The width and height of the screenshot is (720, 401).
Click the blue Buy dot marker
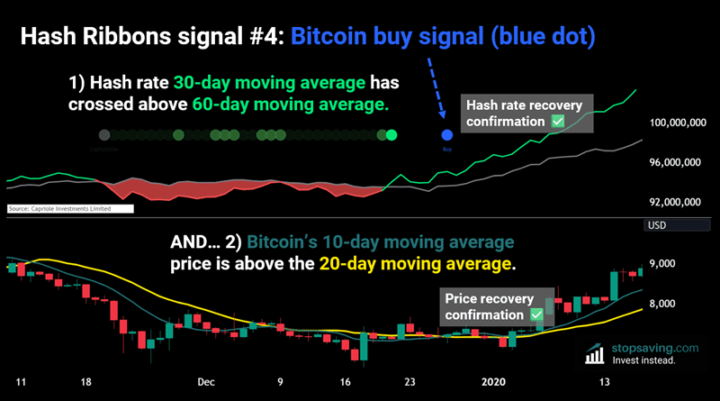(x=446, y=135)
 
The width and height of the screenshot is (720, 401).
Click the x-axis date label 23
(x=410, y=381)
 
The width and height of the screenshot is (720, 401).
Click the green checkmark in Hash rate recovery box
(x=558, y=120)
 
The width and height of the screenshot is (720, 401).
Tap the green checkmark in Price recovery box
(x=537, y=314)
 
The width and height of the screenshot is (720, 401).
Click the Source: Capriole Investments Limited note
(x=68, y=208)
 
